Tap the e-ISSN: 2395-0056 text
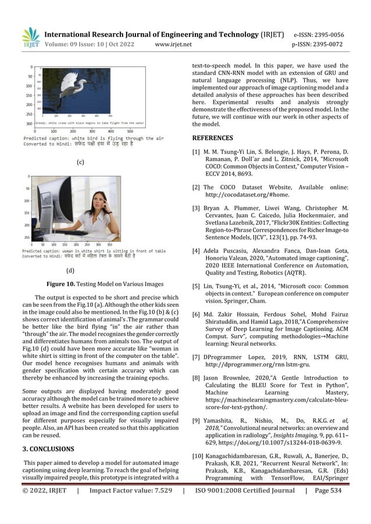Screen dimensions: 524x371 click(x=326, y=34)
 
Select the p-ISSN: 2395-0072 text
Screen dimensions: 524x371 click(x=326, y=44)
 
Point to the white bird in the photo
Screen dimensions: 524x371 click(x=73, y=87)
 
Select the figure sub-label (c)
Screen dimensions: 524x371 click(x=81, y=162)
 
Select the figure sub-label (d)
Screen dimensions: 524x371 click(x=70, y=270)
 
